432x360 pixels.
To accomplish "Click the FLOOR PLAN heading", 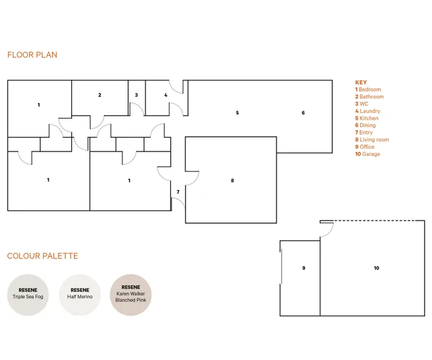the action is pos(33,55).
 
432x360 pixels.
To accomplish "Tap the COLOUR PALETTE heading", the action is pos(43,256).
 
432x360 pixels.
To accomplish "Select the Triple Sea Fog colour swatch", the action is pos(28,295).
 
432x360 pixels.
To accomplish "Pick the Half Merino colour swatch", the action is pos(80,295).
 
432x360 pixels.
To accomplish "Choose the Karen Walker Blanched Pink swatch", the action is pos(130,295).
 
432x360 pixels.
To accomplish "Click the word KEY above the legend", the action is pos(361,82).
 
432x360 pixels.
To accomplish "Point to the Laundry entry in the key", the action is pos(368,111).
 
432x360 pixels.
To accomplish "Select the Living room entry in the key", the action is pos(372,139).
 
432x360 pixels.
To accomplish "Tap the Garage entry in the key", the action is pos(368,154).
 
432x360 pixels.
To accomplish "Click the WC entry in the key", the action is pos(362,104).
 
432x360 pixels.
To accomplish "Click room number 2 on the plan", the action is pos(100,95).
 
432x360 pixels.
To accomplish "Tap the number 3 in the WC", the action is pos(136,95).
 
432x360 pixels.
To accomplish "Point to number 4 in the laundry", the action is pos(165,95).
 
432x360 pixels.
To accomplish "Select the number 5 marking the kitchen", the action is pos(237,113).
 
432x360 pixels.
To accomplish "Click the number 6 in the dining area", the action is pos(303,113).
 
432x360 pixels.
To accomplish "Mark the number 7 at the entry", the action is pos(178,192).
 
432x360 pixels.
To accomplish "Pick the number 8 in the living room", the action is pos(233,181).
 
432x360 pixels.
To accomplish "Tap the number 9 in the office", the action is pos(304,268).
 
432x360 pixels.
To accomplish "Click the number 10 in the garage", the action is pos(376,268).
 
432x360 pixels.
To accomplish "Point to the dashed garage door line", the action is pos(379,221).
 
